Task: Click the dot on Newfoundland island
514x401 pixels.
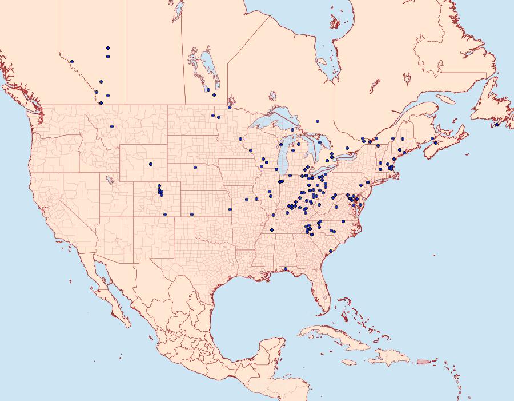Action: click(497, 125)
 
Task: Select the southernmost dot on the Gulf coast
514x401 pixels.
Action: click(286, 269)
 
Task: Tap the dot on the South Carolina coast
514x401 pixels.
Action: click(330, 251)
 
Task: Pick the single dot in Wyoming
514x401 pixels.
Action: click(151, 164)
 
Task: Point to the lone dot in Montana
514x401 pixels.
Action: click(112, 126)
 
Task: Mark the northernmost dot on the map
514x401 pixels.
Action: click(108, 48)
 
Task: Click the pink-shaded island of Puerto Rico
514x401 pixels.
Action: click(423, 361)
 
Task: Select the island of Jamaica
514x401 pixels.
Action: click(350, 363)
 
